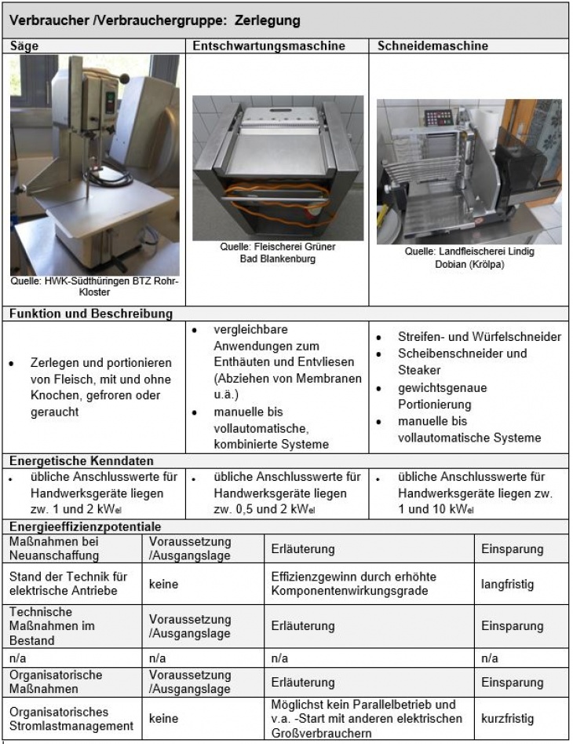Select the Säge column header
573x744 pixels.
tap(24, 46)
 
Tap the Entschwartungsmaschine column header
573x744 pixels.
tap(269, 46)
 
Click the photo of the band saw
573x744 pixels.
tap(95, 165)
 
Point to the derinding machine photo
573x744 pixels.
tap(278, 167)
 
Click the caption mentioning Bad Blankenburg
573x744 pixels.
tap(278, 253)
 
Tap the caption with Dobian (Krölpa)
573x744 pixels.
tap(469, 258)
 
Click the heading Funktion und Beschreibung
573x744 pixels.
tap(91, 314)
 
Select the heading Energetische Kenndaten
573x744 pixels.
tap(82, 460)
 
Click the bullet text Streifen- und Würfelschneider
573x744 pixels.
tap(479, 336)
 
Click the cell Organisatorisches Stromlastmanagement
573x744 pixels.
tap(71, 718)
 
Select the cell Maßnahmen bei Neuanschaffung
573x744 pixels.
tap(55, 548)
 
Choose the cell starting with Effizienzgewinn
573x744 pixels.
tap(353, 584)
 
